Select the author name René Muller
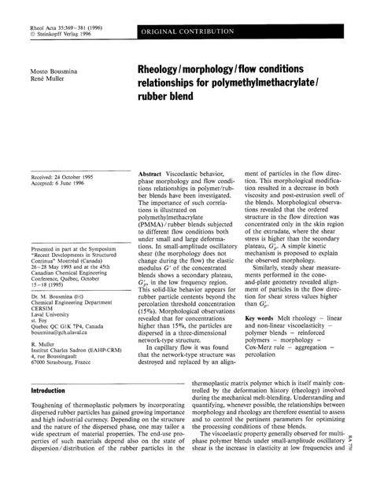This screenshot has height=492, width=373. click(45, 79)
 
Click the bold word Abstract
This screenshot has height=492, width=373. click(151, 172)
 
